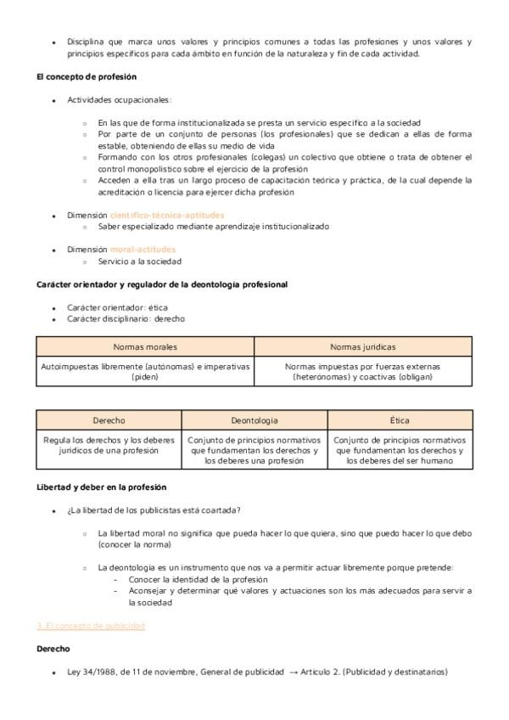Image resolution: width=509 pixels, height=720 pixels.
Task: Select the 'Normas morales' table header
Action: (x=145, y=346)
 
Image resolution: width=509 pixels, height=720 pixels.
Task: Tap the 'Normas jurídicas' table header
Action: (x=363, y=346)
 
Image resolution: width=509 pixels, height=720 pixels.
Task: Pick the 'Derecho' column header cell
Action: (x=109, y=420)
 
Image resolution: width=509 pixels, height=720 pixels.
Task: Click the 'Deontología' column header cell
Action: (x=255, y=420)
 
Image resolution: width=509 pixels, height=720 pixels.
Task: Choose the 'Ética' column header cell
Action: (x=400, y=420)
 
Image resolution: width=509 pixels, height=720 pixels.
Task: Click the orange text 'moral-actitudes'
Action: (x=143, y=250)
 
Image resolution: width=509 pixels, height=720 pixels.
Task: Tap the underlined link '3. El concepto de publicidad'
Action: (x=91, y=626)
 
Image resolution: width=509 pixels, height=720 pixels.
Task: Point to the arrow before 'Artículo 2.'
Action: (x=293, y=672)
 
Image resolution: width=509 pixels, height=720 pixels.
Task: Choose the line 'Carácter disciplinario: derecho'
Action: (x=126, y=318)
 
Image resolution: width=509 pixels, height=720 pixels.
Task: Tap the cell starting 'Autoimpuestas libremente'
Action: (x=145, y=371)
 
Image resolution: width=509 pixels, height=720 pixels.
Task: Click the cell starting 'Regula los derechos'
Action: (x=109, y=446)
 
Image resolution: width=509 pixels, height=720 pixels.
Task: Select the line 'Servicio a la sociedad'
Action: (x=139, y=262)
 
